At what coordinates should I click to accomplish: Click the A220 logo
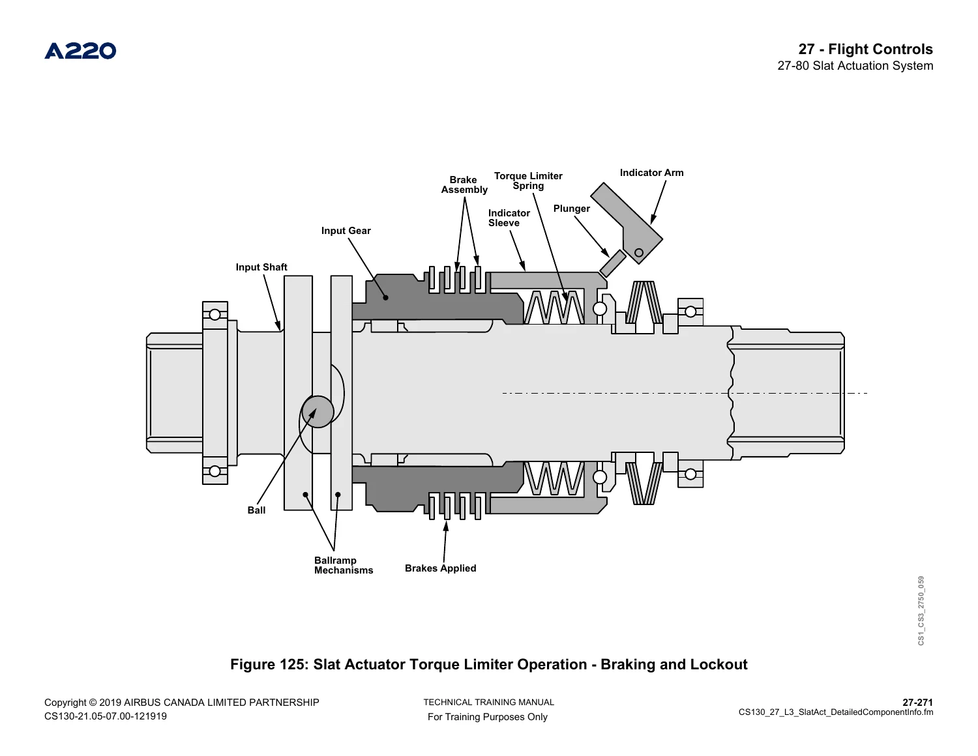click(80, 51)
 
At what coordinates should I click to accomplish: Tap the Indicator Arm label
click(651, 173)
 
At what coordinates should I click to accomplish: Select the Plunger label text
click(571, 209)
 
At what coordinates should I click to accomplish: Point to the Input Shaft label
click(261, 267)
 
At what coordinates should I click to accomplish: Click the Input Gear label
click(346, 231)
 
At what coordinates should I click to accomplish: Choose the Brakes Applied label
click(440, 568)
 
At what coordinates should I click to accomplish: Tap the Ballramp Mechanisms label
click(344, 565)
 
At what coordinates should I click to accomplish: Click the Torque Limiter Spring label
click(528, 181)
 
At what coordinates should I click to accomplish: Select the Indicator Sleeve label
click(509, 218)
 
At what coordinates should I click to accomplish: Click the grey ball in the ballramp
click(318, 411)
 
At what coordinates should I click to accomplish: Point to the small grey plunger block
click(612, 263)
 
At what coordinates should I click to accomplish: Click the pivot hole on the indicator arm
click(639, 252)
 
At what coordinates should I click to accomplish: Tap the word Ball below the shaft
click(256, 510)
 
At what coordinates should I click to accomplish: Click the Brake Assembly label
click(464, 185)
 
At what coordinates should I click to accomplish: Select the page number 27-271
click(918, 702)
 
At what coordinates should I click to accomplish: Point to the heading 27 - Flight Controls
click(865, 49)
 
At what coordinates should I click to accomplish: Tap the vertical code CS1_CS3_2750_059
click(921, 610)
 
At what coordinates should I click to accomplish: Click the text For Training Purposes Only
click(488, 717)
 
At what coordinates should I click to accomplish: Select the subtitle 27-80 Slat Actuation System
click(855, 66)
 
